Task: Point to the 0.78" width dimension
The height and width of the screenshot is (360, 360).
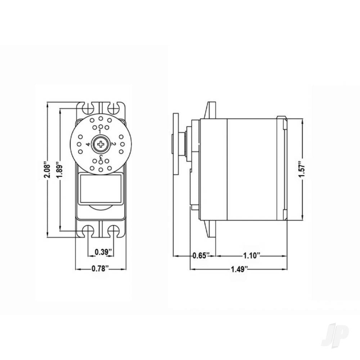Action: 100,269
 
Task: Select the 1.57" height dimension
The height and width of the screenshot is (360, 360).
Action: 302,169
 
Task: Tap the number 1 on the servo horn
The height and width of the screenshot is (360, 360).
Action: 100,132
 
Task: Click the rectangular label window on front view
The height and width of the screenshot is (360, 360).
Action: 100,189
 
